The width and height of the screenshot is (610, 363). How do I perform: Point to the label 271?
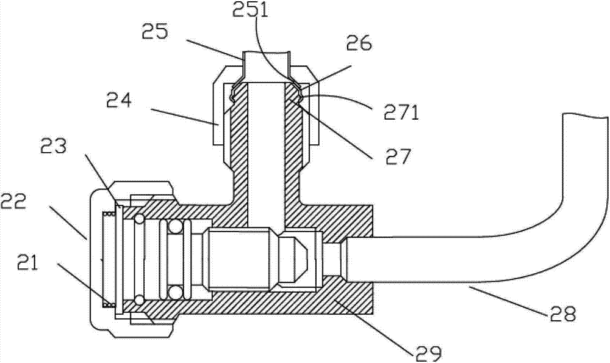pos(401,112)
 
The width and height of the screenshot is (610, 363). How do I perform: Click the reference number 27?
pos(398,156)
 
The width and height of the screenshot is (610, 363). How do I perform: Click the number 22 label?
pos(13,203)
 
